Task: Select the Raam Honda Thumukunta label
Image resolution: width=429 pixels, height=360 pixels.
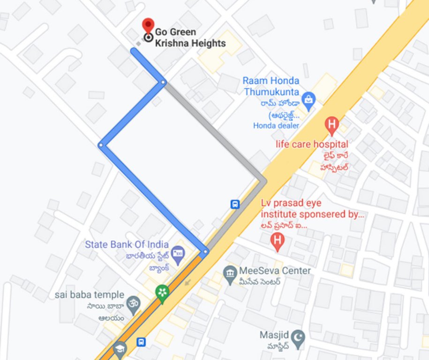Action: (271, 86)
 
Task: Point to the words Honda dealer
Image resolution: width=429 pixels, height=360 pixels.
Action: (276, 125)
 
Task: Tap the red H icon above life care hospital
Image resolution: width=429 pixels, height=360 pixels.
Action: (332, 125)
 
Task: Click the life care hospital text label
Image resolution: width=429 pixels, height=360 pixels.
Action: (312, 144)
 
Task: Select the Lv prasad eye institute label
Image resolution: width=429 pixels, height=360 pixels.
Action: (312, 209)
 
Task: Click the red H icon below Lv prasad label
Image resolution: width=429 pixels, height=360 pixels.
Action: (278, 242)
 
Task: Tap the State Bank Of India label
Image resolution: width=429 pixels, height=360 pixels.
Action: (127, 244)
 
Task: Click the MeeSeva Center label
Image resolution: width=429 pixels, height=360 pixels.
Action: (275, 270)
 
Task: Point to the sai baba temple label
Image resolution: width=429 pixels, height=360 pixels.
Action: (90, 295)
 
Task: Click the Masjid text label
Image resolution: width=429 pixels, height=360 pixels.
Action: (272, 336)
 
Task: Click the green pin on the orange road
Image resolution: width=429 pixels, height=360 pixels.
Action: (162, 293)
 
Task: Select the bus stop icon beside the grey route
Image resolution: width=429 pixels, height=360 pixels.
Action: (235, 204)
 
